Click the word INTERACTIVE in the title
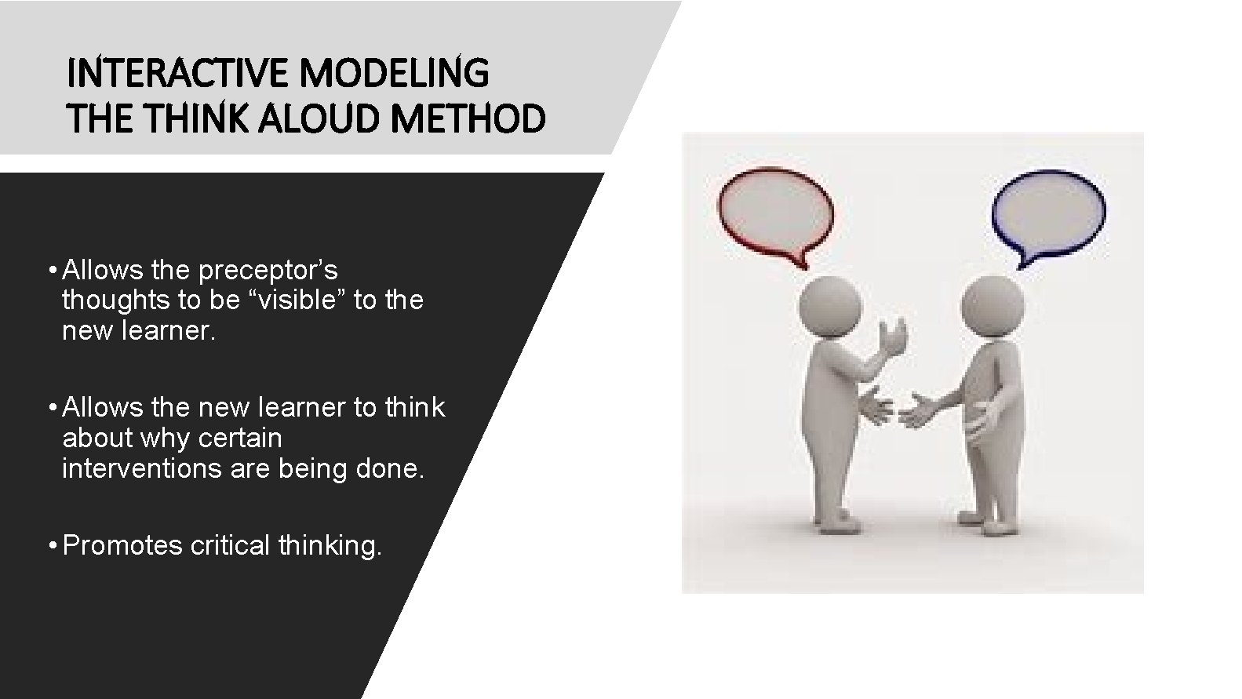tap(180, 74)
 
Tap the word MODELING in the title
tap(394, 74)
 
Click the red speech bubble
tap(775, 211)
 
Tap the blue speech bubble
tap(1048, 211)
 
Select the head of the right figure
tap(993, 306)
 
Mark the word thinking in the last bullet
tap(330, 544)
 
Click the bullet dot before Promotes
tap(50, 544)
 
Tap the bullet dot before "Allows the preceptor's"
tap(50, 270)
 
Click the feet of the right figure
tap(990, 522)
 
